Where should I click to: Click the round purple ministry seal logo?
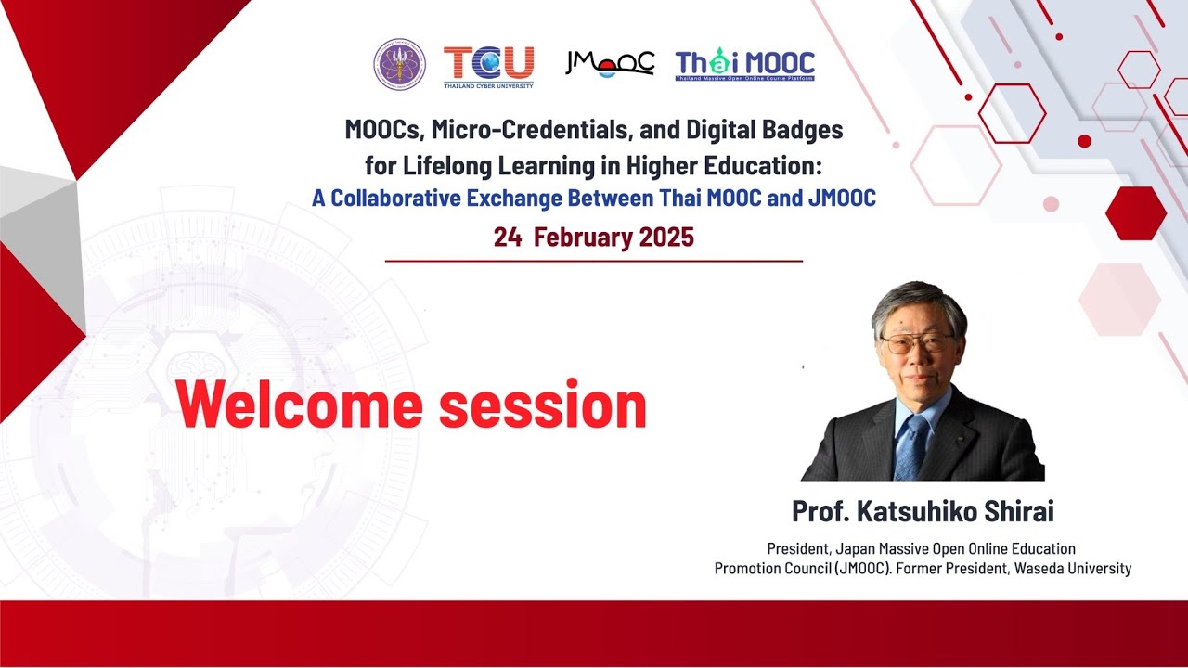[399, 64]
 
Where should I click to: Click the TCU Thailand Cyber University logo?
[488, 65]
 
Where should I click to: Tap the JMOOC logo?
[610, 63]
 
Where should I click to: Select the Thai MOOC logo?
[744, 65]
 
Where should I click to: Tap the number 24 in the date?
[507, 238]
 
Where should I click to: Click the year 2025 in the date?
[665, 238]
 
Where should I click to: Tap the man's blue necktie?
[910, 446]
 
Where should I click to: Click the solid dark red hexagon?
[1135, 212]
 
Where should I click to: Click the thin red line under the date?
[594, 262]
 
